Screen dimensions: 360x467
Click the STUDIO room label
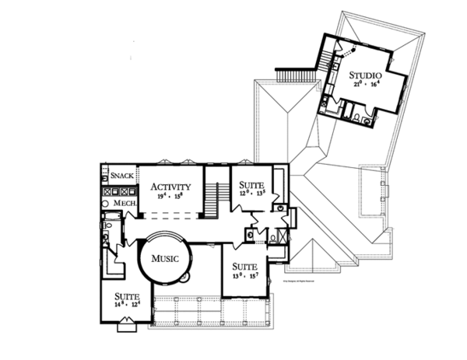pos(364,75)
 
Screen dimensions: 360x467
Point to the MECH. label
pos(125,203)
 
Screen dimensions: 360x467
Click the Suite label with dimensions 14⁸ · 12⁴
pos(127,295)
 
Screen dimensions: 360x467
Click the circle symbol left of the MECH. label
pos(107,203)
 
